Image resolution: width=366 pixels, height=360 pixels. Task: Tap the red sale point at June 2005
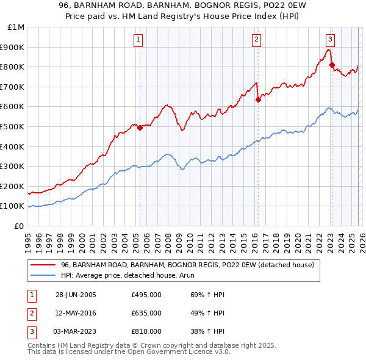click(140, 128)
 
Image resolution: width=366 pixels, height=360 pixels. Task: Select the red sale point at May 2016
click(258, 99)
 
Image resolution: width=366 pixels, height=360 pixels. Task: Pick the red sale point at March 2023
click(332, 65)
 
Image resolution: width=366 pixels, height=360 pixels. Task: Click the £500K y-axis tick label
click(12, 126)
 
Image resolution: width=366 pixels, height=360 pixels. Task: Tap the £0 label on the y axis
click(18, 226)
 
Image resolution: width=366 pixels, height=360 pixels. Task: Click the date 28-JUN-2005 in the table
click(76, 295)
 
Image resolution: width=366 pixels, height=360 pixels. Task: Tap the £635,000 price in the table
click(146, 313)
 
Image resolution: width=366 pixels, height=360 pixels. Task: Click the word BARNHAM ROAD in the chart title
click(116, 7)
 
